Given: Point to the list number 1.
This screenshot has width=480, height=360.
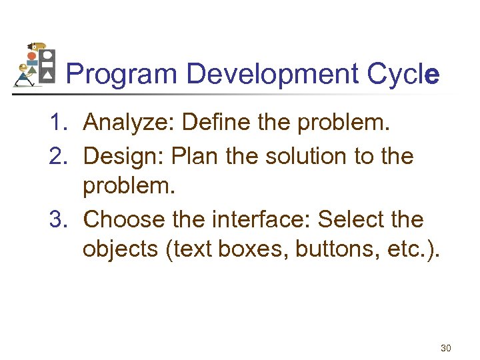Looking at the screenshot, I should pyautogui.click(x=57, y=122).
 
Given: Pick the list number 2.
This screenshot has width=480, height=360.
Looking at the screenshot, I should pyautogui.click(x=57, y=157).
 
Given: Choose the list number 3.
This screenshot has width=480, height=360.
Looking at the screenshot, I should pyautogui.click(x=57, y=219).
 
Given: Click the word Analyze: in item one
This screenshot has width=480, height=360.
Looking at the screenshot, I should pyautogui.click(x=128, y=122).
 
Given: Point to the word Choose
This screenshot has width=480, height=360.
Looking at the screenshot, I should pyautogui.click(x=125, y=219).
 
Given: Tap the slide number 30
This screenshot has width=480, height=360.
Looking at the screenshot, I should pyautogui.click(x=445, y=348).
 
